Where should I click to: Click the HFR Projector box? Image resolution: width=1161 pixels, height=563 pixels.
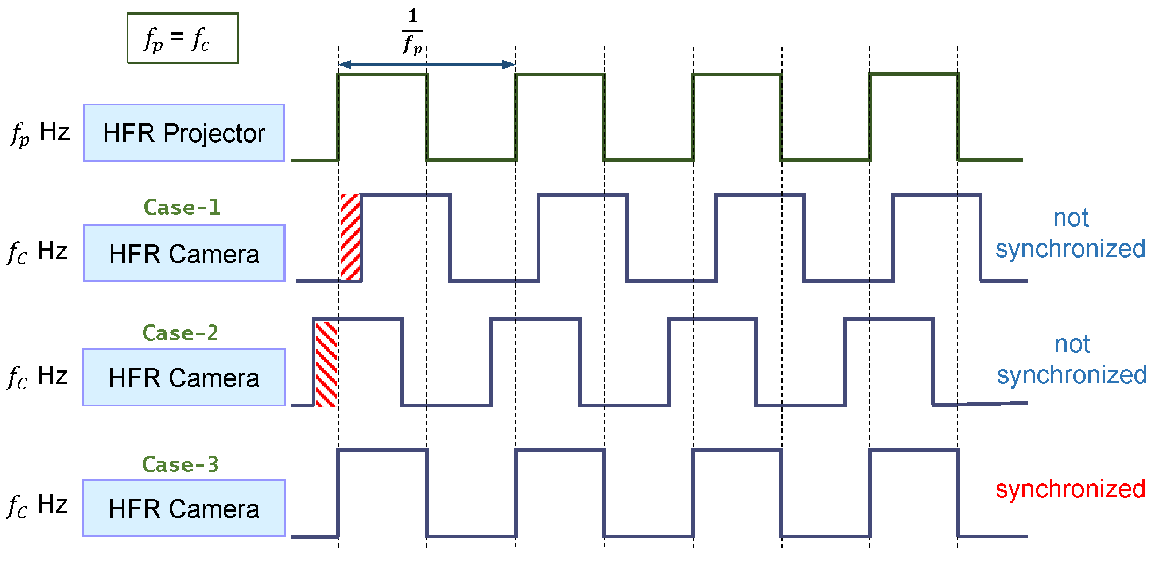pyautogui.click(x=184, y=133)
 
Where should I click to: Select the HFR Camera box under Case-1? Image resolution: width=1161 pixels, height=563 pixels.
pyautogui.click(x=184, y=253)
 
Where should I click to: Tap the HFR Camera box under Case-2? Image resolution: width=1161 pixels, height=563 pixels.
pyautogui.click(x=184, y=377)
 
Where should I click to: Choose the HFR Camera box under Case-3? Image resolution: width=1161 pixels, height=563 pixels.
pyautogui.click(x=184, y=508)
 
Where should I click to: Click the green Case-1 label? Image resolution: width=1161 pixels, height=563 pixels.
pyautogui.click(x=182, y=207)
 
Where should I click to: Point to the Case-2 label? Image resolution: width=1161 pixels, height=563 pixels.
pyautogui.click(x=180, y=333)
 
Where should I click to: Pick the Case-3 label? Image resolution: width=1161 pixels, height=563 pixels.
pyautogui.click(x=180, y=464)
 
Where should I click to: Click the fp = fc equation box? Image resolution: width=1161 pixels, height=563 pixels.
pyautogui.click(x=182, y=38)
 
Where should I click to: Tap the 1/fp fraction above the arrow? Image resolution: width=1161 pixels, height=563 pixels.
pyautogui.click(x=412, y=31)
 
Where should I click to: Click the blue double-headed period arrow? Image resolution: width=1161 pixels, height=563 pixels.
pyautogui.click(x=427, y=65)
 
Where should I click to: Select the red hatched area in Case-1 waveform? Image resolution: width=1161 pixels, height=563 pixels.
pyautogui.click(x=350, y=237)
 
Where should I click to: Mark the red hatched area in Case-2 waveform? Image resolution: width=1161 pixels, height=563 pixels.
pyautogui.click(x=326, y=364)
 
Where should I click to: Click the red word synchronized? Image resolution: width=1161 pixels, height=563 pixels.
pyautogui.click(x=1070, y=489)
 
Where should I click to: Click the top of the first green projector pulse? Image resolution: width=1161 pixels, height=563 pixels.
pyautogui.click(x=382, y=74)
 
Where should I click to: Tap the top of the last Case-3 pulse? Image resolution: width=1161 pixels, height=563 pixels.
pyautogui.click(x=913, y=451)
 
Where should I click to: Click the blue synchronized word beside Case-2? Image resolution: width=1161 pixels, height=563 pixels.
pyautogui.click(x=1072, y=375)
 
